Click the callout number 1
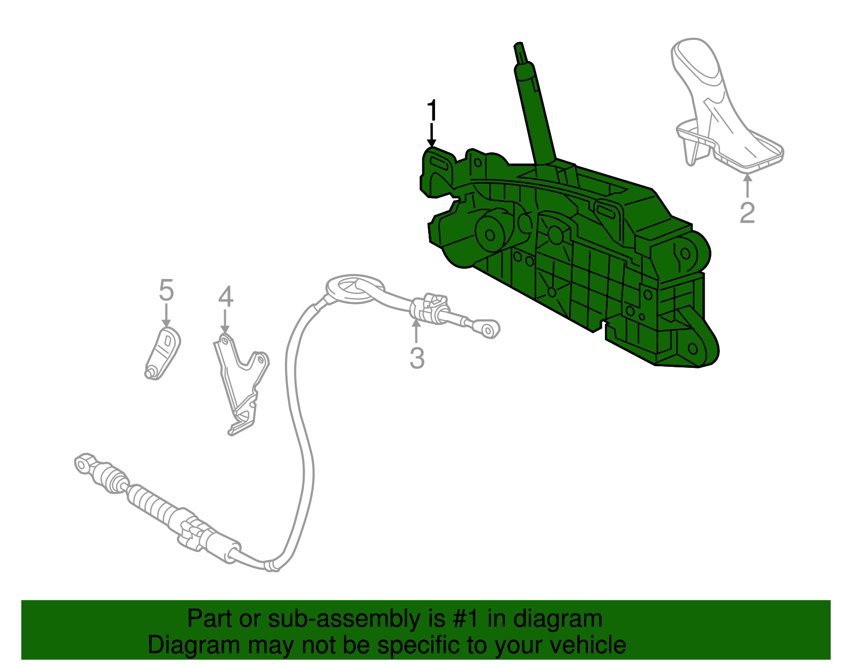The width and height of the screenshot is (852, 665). point(432,111)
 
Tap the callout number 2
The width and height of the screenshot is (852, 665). point(747,212)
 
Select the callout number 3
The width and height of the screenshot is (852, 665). point(416,358)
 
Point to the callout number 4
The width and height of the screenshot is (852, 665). point(225,297)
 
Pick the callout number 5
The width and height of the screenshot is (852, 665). point(166,291)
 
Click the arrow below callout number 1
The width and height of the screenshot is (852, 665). point(431,135)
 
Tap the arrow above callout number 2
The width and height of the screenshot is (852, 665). point(747,186)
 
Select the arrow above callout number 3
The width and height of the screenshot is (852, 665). point(416,330)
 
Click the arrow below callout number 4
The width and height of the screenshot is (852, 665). point(225,323)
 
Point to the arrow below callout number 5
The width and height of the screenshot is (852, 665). point(166,316)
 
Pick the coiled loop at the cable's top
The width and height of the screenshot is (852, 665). point(354,289)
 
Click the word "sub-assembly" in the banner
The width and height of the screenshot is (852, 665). point(345,619)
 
